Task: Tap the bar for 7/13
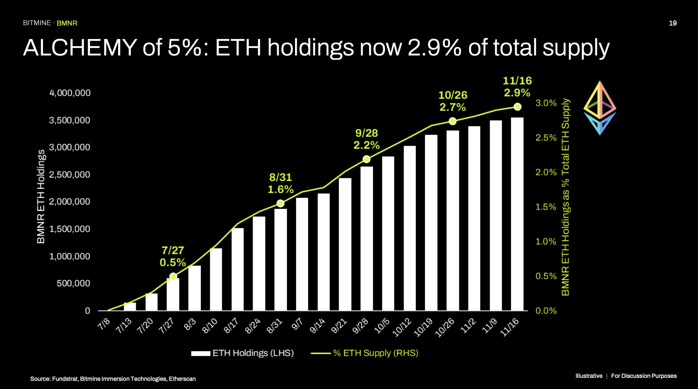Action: click(130, 307)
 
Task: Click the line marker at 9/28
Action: click(366, 159)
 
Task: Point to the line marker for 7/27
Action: click(173, 276)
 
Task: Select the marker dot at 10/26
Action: click(453, 121)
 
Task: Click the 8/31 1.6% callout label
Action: click(281, 183)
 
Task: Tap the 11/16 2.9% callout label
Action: click(517, 87)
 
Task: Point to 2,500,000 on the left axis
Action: click(70, 175)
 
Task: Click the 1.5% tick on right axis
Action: click(546, 207)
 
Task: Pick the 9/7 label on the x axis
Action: click(297, 324)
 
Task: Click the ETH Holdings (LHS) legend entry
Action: click(242, 353)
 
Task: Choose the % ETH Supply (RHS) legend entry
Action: click(365, 353)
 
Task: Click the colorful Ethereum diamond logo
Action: click(600, 108)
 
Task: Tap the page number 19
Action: click(672, 23)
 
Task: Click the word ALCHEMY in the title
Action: click(80, 48)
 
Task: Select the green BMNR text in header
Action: click(67, 23)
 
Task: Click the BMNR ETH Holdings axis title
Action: click(41, 196)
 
